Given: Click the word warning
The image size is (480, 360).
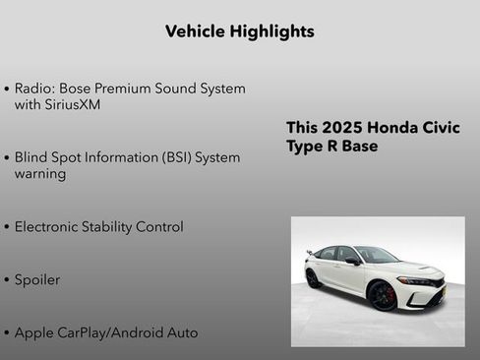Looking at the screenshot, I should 40,174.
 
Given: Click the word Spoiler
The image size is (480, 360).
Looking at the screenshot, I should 37,280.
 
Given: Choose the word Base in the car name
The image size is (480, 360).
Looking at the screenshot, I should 358,146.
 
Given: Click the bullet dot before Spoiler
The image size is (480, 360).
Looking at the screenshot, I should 8,281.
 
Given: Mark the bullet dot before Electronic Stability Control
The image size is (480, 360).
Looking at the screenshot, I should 8,228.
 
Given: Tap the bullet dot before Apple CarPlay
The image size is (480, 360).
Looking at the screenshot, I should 8,333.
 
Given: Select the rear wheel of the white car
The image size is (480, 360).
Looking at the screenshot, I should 313,278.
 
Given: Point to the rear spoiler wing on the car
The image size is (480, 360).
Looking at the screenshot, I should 309,252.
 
